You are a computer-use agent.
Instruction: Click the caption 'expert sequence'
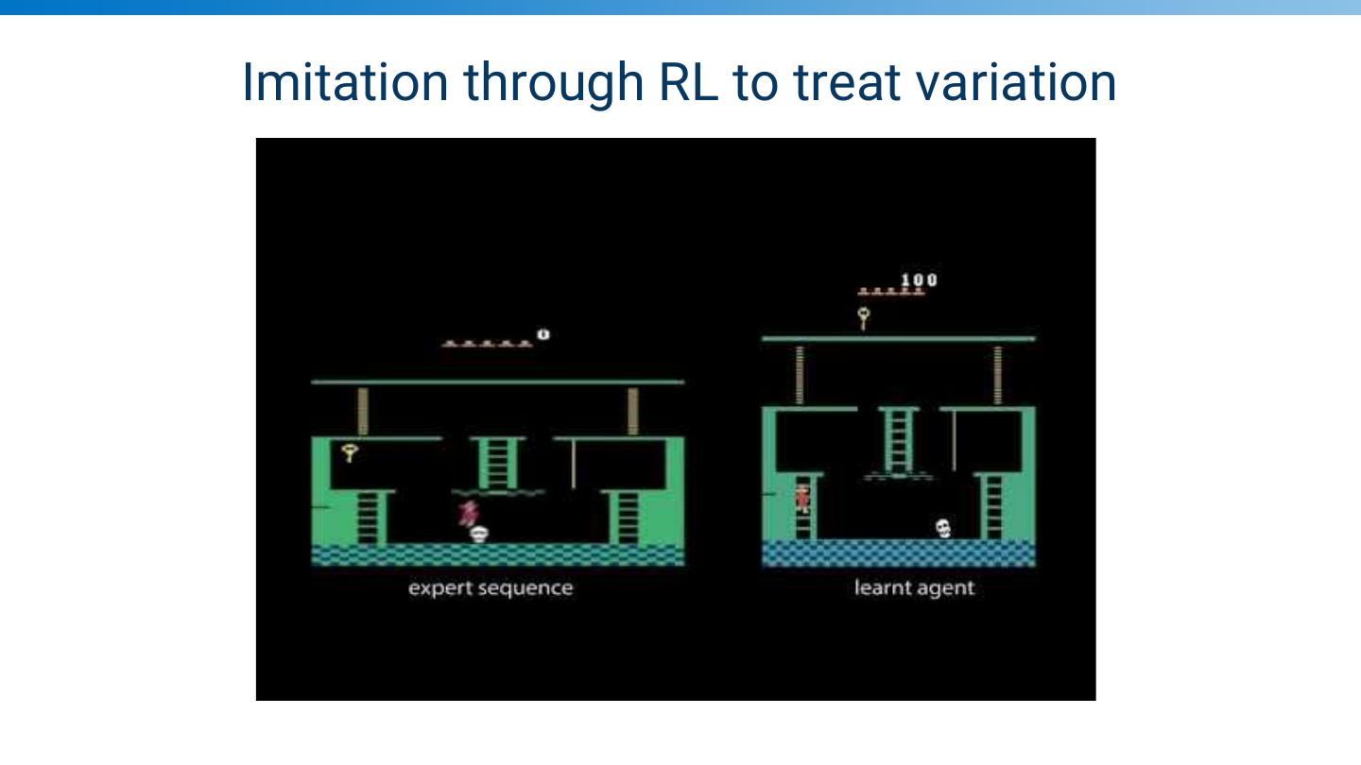(491, 587)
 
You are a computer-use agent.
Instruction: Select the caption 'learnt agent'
(913, 587)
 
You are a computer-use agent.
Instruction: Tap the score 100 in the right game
(919, 280)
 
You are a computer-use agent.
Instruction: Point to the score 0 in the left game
(543, 334)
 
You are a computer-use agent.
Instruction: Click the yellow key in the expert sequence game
(350, 452)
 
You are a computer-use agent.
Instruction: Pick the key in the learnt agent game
(864, 317)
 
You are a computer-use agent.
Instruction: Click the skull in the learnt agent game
(942, 528)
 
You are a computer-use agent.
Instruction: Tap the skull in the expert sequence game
(479, 534)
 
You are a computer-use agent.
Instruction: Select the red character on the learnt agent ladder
(802, 497)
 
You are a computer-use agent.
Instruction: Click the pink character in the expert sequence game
(467, 513)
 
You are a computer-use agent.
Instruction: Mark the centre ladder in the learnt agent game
(898, 438)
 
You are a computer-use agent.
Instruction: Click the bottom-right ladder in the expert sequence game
(627, 517)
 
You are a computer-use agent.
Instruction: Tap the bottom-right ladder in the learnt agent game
(992, 506)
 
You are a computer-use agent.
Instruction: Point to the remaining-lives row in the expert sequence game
(487, 343)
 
